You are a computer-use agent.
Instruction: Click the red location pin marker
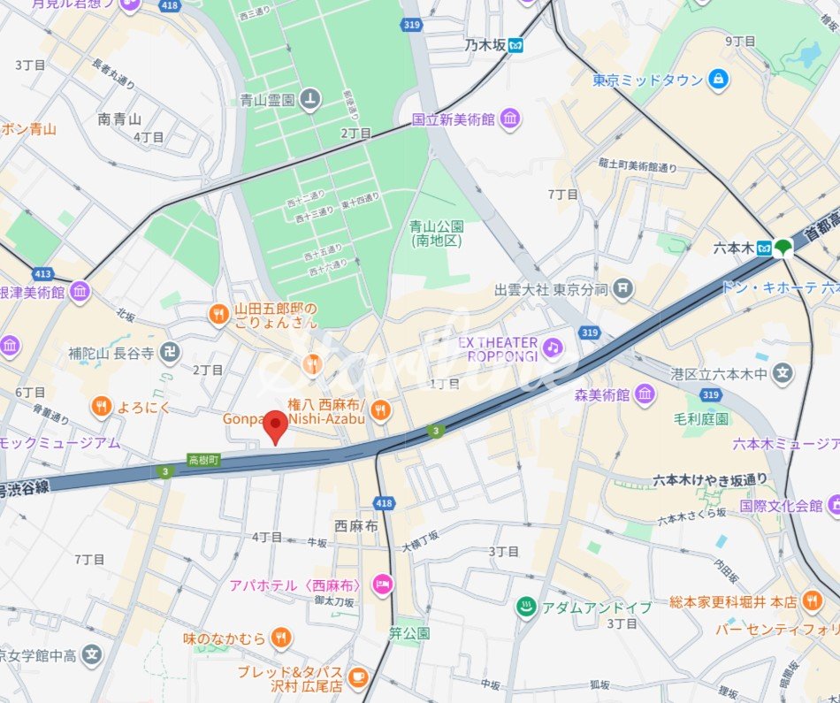(x=276, y=426)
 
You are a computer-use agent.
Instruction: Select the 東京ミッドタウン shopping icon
(x=718, y=80)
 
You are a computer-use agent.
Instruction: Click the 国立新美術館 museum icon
(x=509, y=119)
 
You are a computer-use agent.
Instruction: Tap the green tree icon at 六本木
(x=783, y=248)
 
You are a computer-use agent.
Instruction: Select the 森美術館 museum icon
(x=645, y=394)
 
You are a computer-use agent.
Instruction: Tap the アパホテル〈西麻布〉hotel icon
(x=382, y=583)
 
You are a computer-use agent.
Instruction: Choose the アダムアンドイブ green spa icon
(x=525, y=607)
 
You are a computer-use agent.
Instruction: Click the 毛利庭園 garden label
(x=700, y=418)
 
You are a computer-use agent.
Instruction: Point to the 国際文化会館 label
(x=781, y=506)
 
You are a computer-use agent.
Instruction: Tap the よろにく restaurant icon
(x=102, y=407)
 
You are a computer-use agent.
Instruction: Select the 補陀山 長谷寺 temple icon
(x=171, y=353)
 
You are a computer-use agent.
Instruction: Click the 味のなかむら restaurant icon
(x=280, y=637)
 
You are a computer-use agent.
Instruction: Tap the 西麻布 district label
(x=356, y=525)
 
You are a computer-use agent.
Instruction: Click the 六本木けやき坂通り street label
(x=710, y=480)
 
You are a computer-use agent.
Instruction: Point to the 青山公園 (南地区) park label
(x=437, y=233)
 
